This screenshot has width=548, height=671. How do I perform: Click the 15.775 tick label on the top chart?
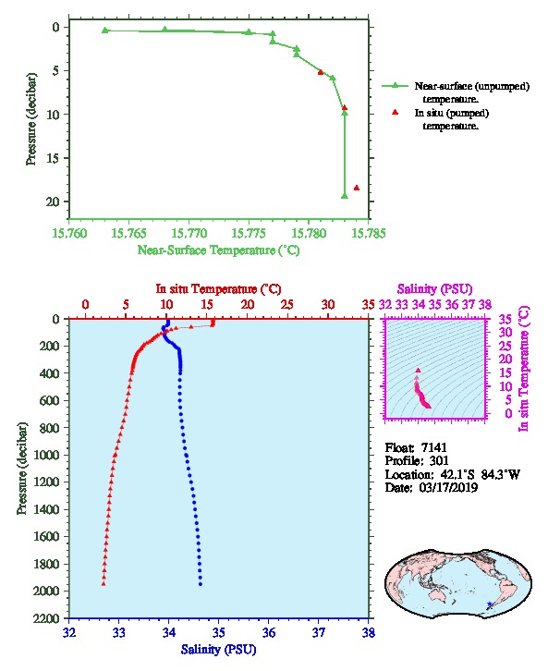[x=249, y=233]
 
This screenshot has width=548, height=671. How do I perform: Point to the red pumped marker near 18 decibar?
[x=357, y=188]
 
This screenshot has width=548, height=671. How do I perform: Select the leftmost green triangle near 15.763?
[x=105, y=30]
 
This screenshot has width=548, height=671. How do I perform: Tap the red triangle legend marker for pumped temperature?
[x=395, y=112]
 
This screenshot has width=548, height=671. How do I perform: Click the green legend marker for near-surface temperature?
[x=395, y=86]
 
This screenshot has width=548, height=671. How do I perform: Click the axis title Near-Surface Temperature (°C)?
[x=218, y=250]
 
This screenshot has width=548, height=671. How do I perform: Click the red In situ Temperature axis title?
[x=218, y=289]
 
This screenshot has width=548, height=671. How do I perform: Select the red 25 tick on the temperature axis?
[x=287, y=305]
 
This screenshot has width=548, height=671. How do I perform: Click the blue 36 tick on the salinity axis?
[x=269, y=632]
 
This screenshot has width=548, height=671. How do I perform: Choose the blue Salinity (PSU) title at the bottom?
[x=218, y=650]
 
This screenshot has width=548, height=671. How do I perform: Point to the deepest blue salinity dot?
[x=201, y=584]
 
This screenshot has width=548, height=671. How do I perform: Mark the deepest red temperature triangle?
[x=104, y=583]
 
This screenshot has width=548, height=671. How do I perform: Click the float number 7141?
[x=433, y=447]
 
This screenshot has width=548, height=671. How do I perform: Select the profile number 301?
[x=439, y=461]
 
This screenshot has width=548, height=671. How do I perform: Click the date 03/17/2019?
[x=448, y=488]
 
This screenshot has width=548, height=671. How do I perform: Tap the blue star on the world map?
[x=490, y=604]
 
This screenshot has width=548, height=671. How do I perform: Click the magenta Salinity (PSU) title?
[x=434, y=289]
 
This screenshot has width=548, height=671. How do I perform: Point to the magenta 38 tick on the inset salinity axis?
[x=484, y=305]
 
